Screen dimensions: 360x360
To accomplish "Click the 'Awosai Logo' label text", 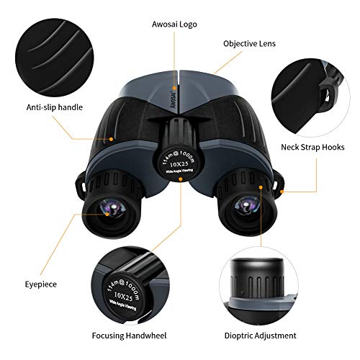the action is point(174,24).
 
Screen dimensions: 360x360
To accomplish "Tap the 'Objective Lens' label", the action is point(249,44).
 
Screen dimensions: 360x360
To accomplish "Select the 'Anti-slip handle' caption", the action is point(55,107).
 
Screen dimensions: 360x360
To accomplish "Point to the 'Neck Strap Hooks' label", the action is point(312,147).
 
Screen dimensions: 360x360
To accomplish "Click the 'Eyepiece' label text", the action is point(41,284).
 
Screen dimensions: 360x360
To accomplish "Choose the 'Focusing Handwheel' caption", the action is point(129,336).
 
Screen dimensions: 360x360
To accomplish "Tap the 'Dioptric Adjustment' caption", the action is point(261,336).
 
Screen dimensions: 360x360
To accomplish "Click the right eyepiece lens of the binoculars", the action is point(246,206).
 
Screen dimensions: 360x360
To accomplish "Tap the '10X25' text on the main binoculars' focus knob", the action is point(179,164).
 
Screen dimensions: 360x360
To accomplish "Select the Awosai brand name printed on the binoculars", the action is point(174,99).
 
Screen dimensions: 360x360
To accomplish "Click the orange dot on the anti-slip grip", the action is point(111,139).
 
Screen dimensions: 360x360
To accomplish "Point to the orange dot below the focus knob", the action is point(181,179).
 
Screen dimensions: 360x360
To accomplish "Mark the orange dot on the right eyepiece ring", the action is point(261,187).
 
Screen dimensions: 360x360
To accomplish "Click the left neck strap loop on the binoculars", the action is point(81,186).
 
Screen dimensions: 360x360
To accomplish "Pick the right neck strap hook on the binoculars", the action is point(279,185).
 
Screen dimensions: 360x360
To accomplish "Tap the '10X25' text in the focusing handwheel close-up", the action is point(123,296).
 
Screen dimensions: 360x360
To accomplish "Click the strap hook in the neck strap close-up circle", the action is point(329,94).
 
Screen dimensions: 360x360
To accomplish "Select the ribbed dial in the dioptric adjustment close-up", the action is point(257,279).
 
